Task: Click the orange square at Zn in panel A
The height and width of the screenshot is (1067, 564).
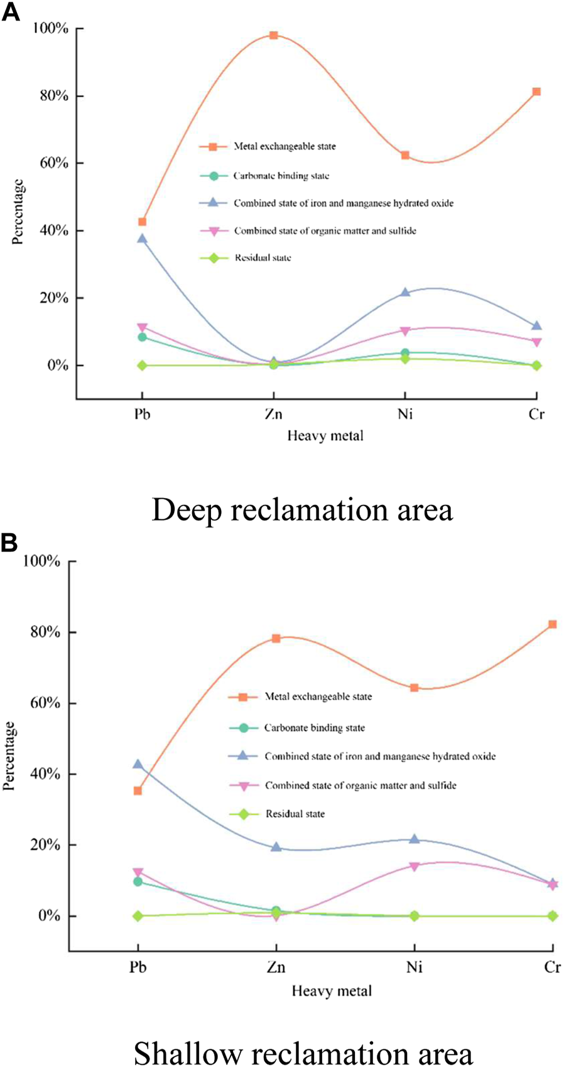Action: coord(274,35)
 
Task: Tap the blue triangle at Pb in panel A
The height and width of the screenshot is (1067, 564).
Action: coord(143,239)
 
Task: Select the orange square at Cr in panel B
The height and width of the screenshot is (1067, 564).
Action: coord(552,624)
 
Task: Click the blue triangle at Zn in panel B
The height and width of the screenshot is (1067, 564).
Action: coord(276,847)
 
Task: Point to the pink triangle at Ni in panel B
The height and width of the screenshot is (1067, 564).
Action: coord(414,867)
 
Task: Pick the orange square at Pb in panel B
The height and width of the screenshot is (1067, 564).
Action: coord(138,791)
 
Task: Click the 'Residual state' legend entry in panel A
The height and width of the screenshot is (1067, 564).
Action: coord(263,257)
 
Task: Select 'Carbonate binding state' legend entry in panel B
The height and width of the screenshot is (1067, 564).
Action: coord(314,728)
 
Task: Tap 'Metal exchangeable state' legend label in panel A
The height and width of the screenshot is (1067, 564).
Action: coord(285,146)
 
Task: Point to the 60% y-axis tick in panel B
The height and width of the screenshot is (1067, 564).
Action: coord(41,703)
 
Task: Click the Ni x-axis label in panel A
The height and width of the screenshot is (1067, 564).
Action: coord(405,414)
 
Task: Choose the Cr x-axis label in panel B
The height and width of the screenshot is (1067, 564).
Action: coord(552,967)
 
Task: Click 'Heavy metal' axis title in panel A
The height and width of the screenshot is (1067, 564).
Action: coord(325,435)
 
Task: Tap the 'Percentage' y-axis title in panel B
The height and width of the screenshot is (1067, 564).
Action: coord(9,756)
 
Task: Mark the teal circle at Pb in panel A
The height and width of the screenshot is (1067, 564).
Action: coord(143,337)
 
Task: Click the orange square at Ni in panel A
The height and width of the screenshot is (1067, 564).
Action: coord(405,155)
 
